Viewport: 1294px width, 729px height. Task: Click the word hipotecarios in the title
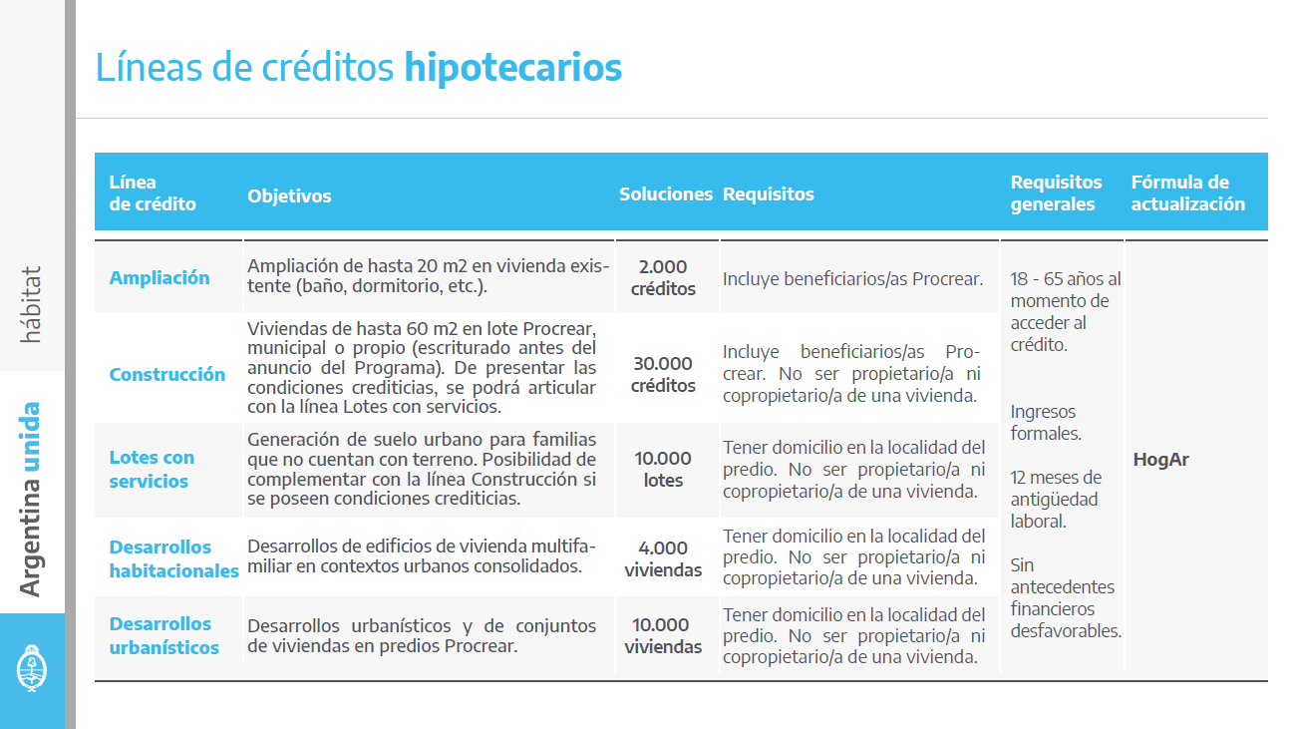pos(512,68)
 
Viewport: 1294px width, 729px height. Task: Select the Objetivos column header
pos(289,195)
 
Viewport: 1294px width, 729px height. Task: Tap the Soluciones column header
pos(666,194)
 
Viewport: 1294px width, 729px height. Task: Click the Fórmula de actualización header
pos(1187,193)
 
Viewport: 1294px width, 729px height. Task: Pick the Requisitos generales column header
pos(1056,193)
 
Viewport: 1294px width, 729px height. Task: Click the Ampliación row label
pos(160,277)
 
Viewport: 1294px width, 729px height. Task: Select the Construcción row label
pos(167,374)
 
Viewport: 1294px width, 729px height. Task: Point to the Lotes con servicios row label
pos(152,469)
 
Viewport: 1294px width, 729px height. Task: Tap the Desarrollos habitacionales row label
pos(173,558)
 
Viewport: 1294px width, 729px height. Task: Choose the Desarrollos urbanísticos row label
pos(164,635)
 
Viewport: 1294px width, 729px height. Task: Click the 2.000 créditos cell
pos(663,278)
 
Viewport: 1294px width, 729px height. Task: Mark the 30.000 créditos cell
pos(663,374)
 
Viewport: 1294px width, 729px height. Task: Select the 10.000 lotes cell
pos(663,469)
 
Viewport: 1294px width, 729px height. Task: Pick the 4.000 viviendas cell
pos(663,558)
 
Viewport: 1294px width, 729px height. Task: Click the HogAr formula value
pos(1160,460)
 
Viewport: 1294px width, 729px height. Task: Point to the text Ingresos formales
pos(1046,423)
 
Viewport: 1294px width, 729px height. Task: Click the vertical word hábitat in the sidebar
pos(32,304)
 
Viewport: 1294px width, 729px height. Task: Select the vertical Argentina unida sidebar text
pos(32,499)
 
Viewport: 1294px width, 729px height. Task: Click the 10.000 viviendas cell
pos(663,635)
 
